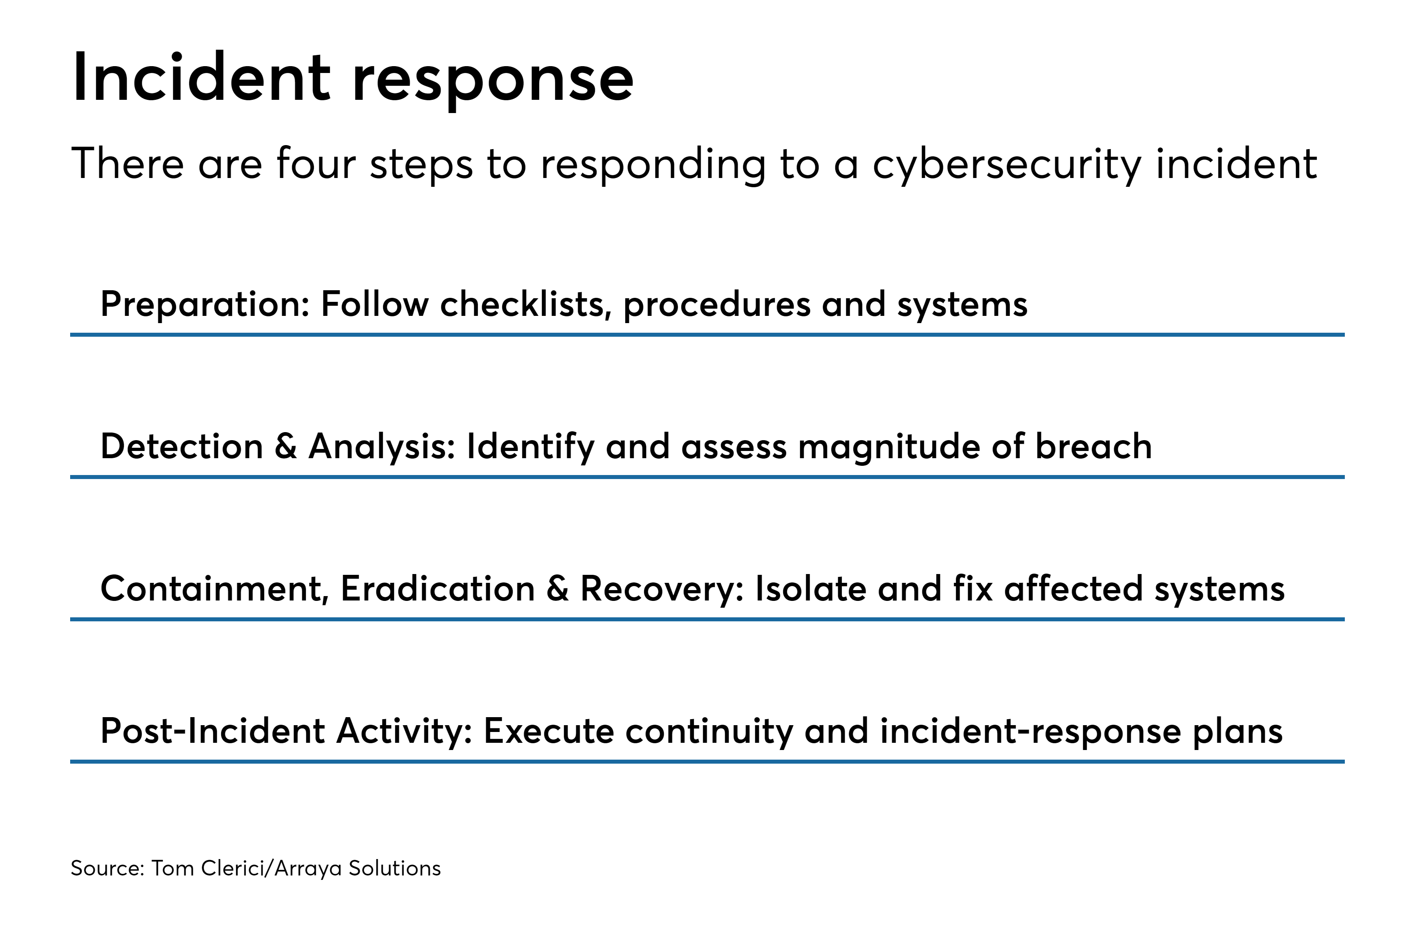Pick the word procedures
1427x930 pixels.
coord(717,305)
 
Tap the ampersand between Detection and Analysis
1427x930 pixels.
coord(286,447)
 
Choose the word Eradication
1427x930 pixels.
coord(438,589)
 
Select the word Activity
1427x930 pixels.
coord(404,732)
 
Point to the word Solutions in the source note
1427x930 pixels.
coord(394,868)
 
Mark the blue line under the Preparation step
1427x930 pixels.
coord(707,335)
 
